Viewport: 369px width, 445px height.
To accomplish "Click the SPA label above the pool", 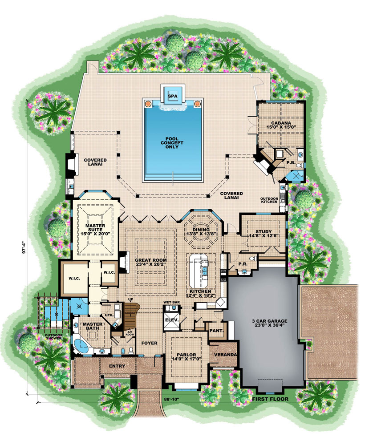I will click(x=172, y=96).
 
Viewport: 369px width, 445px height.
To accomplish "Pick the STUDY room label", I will click(x=260, y=232).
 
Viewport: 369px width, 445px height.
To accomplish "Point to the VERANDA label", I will click(x=225, y=355).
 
